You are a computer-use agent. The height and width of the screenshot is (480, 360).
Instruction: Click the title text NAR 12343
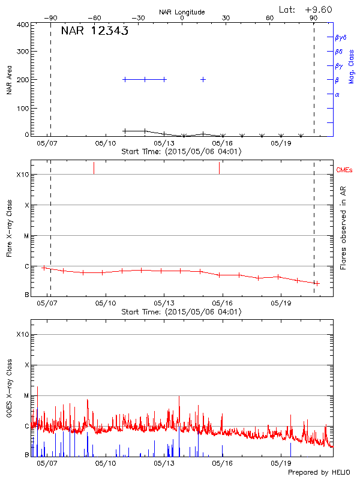(95, 31)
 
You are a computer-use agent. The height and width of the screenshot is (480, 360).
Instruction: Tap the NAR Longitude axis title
(182, 12)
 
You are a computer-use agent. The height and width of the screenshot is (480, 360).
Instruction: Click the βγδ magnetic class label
(340, 37)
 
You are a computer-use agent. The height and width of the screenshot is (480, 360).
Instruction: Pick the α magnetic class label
(337, 94)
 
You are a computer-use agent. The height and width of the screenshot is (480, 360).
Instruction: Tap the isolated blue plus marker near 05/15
(203, 79)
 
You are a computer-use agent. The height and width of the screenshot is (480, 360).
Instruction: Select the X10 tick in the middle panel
(22, 175)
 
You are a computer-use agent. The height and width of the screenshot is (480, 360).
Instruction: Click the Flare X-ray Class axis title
(9, 228)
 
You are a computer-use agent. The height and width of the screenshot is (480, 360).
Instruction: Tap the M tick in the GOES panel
(26, 395)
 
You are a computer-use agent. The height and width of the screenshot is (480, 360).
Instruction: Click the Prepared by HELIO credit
(318, 472)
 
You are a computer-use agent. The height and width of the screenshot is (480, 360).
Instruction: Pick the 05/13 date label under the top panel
(163, 143)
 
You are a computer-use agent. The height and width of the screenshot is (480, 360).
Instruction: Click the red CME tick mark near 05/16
(219, 168)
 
